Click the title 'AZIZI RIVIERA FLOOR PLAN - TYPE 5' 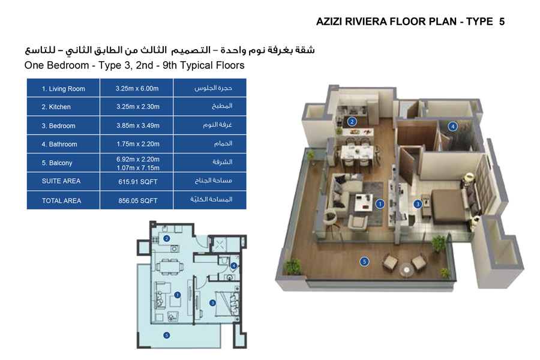(410, 22)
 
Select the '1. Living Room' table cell (63, 89)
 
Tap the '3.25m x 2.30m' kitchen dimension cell (137, 107)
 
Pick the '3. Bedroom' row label (58, 126)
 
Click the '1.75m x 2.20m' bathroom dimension (137, 144)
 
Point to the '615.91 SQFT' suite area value (137, 181)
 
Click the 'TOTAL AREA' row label (61, 200)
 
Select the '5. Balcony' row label (57, 163)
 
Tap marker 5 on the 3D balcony (363, 261)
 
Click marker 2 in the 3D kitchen (352, 121)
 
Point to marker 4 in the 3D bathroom (453, 126)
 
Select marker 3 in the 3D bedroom (418, 204)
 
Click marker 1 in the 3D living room (380, 204)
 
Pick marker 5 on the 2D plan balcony (166, 335)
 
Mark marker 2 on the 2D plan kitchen (167, 238)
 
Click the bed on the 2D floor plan (230, 299)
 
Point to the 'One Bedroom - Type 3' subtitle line (134, 65)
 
